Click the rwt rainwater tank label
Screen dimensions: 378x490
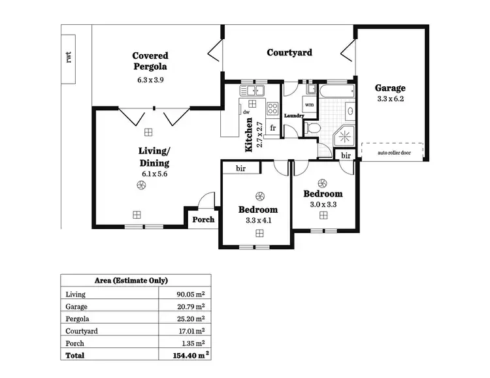(x=68, y=57)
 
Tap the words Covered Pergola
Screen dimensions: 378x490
(x=150, y=61)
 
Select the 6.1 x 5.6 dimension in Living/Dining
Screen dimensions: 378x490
(x=154, y=174)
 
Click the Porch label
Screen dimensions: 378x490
(x=203, y=219)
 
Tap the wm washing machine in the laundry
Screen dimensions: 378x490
(x=309, y=104)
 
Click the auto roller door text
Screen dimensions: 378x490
(x=394, y=153)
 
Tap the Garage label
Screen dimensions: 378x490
(x=390, y=88)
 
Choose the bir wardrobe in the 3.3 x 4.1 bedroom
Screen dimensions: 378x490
(x=240, y=168)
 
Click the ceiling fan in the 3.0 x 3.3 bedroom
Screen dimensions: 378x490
(x=321, y=183)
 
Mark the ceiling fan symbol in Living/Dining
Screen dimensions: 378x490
(x=140, y=187)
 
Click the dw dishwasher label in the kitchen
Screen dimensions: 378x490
(x=246, y=112)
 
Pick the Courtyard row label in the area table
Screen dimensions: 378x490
(x=82, y=331)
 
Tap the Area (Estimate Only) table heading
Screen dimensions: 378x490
(x=135, y=281)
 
